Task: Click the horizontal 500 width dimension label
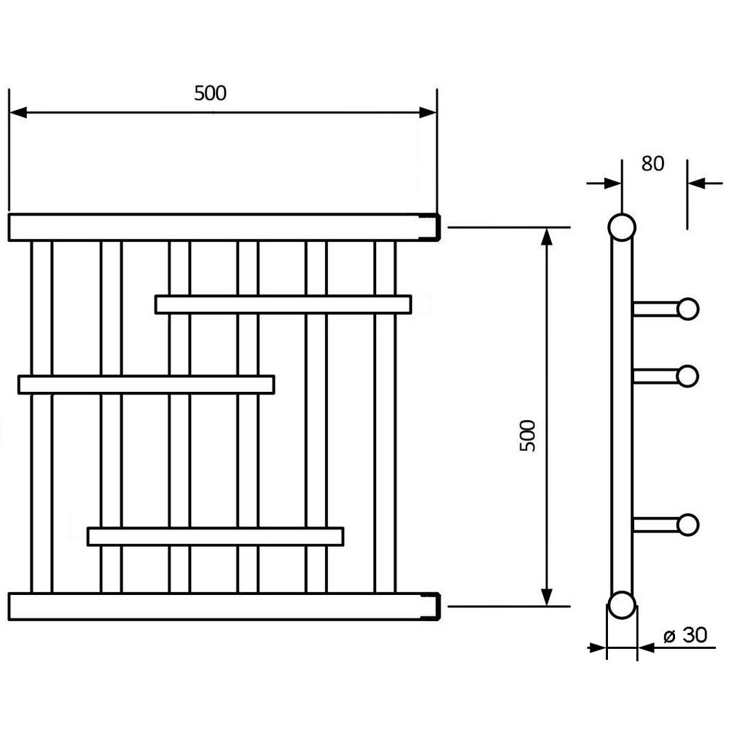(211, 93)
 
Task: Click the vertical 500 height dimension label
(527, 436)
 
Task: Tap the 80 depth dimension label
(652, 164)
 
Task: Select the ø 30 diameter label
(685, 636)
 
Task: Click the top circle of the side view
(622, 228)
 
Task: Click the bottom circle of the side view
(622, 605)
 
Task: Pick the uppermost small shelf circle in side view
(687, 309)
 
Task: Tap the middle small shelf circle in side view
(687, 376)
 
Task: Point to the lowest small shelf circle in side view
(687, 524)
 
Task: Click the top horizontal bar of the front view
(219, 227)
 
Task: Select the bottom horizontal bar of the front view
(219, 606)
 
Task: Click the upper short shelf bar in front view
(283, 304)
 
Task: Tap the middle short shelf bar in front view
(146, 385)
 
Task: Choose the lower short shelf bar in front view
(215, 537)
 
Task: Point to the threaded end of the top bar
(433, 227)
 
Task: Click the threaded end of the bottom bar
(433, 606)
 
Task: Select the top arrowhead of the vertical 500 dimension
(546, 235)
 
